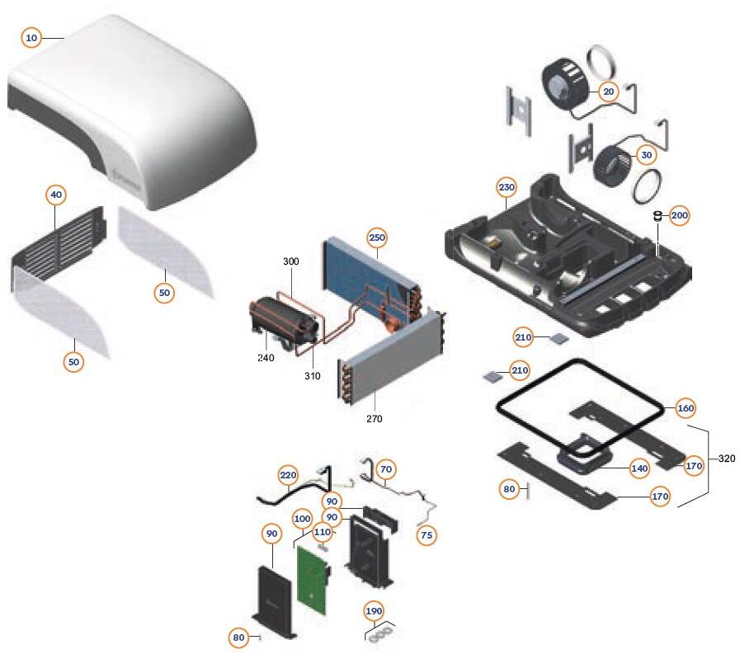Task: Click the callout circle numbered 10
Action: (x=31, y=38)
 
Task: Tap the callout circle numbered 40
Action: (x=56, y=195)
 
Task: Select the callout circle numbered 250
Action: (x=377, y=238)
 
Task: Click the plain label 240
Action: (x=265, y=358)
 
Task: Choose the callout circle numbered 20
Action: (x=609, y=92)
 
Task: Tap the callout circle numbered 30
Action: (x=646, y=155)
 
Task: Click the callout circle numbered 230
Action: (x=507, y=188)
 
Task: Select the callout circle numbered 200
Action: (x=679, y=215)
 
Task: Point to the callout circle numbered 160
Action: (x=686, y=408)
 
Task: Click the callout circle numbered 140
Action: (x=639, y=468)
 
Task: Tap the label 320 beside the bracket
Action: (x=727, y=459)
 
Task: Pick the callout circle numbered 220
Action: (x=288, y=476)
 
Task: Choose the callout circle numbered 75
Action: (x=427, y=535)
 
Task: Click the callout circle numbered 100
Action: (x=302, y=520)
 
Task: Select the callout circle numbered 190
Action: (x=374, y=611)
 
